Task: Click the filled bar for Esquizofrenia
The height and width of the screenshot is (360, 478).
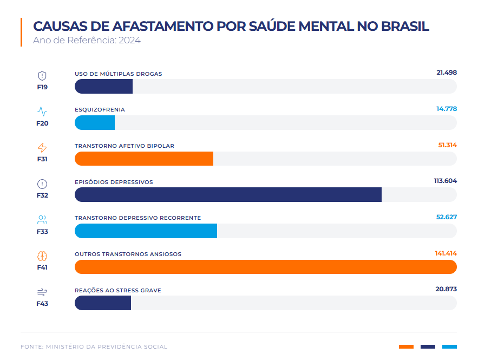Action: click(x=95, y=123)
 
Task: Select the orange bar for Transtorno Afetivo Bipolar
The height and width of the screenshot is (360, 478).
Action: click(x=144, y=159)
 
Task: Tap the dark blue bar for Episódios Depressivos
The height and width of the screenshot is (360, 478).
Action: click(x=228, y=195)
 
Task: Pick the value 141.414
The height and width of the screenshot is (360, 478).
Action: click(x=446, y=253)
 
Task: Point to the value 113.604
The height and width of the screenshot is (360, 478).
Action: click(x=445, y=181)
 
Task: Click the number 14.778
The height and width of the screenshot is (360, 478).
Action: click(x=446, y=109)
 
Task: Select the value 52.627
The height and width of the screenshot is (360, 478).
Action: click(x=446, y=218)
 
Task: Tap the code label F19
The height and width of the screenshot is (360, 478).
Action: click(x=42, y=87)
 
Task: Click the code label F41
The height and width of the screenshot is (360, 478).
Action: click(x=42, y=267)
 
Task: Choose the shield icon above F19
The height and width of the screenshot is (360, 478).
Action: click(x=42, y=76)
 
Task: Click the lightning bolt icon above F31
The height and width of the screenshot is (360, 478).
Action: click(x=42, y=148)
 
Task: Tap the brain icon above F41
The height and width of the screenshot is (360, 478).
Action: click(x=42, y=256)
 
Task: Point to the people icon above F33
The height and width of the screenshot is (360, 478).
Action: click(x=42, y=220)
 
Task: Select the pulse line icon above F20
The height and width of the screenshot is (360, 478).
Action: click(x=42, y=112)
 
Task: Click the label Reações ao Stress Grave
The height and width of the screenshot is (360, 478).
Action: click(x=117, y=291)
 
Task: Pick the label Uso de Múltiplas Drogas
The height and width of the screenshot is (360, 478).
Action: click(x=118, y=74)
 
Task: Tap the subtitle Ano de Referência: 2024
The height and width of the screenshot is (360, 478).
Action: click(x=87, y=40)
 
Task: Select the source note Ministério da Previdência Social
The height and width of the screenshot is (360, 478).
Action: click(x=107, y=346)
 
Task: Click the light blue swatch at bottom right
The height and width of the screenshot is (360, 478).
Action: click(x=449, y=346)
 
